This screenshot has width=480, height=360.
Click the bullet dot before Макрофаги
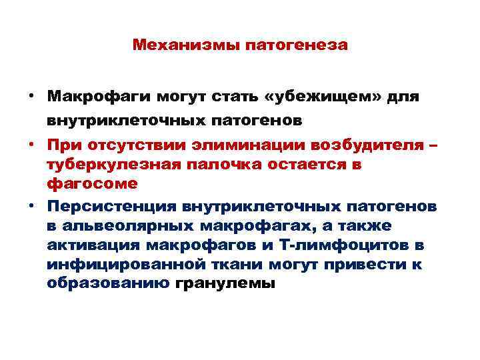point(31,97)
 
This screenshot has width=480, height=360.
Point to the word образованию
point(109,283)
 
